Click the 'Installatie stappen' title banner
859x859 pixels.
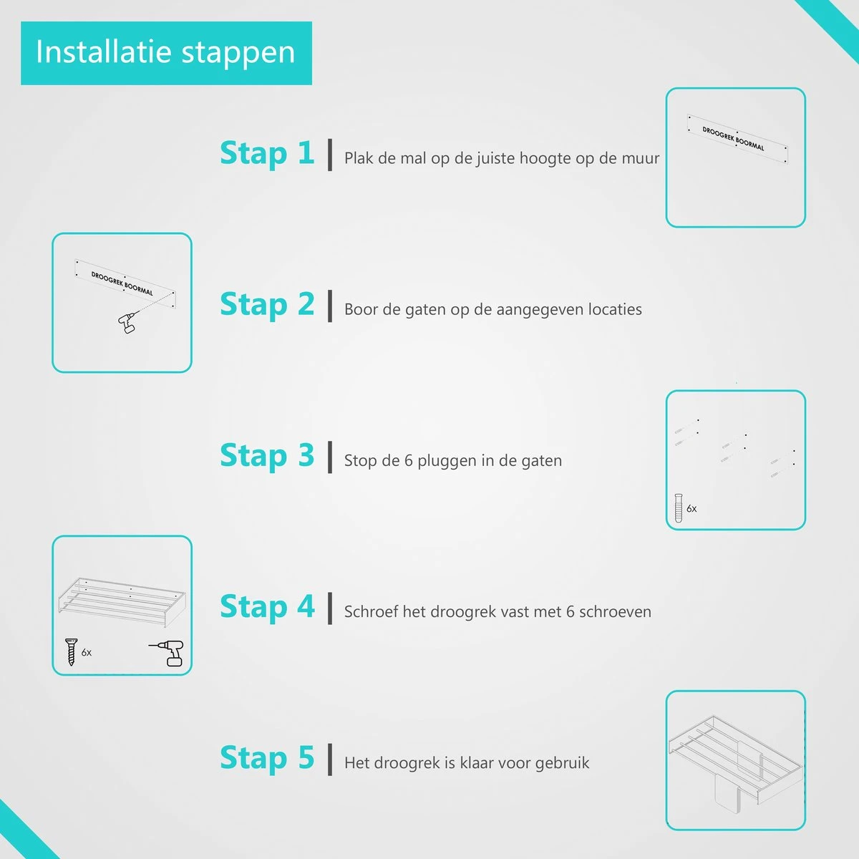(166, 53)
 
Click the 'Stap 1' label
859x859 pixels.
(267, 154)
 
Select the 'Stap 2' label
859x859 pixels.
(267, 305)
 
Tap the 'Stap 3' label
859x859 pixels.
(267, 456)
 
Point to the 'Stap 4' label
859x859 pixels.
(267, 607)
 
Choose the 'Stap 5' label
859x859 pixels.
(267, 758)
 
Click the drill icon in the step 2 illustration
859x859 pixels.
(128, 323)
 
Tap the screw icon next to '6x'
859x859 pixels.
(71, 651)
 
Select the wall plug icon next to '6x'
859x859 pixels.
(678, 508)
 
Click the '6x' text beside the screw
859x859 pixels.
(87, 653)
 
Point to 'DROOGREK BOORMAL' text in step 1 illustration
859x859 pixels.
(733, 139)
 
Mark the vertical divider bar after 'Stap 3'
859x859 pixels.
(330, 457)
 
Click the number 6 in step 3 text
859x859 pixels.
(408, 460)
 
